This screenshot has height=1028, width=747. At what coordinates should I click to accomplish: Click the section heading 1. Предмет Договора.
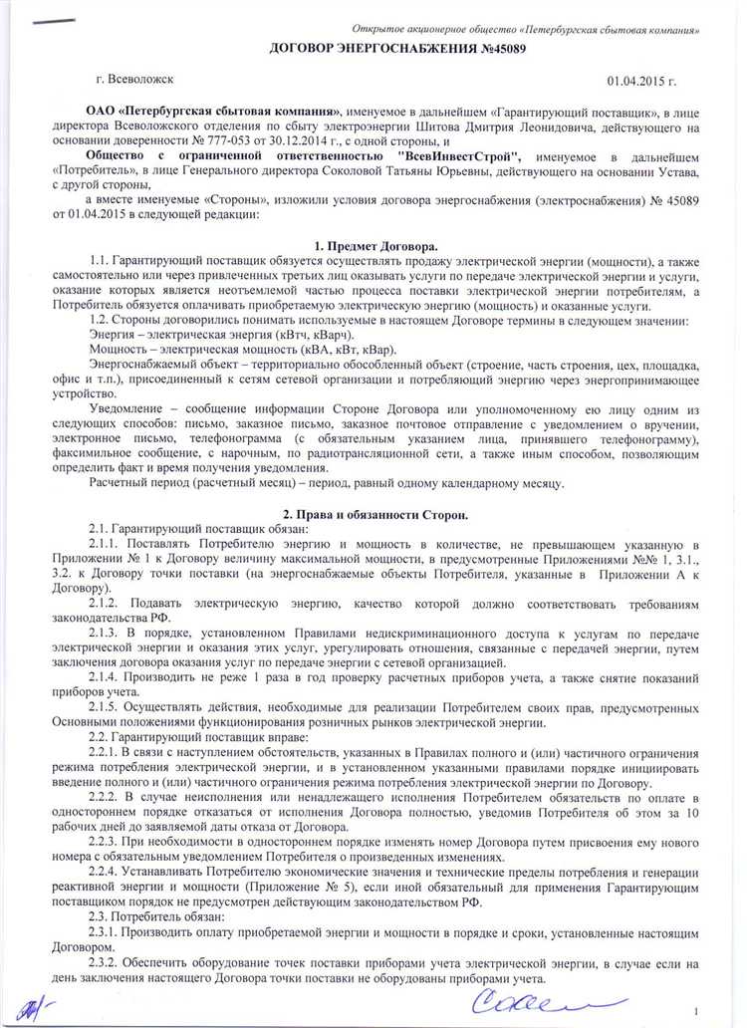(375, 245)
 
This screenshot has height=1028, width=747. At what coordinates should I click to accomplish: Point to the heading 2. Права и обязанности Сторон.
(375, 514)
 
